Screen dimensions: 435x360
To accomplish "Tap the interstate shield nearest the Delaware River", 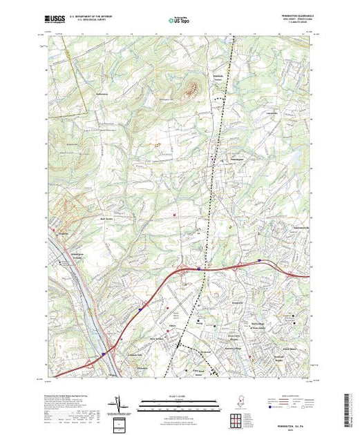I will pos(103,355).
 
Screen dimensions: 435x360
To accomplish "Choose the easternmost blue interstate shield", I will pos(259,260).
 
